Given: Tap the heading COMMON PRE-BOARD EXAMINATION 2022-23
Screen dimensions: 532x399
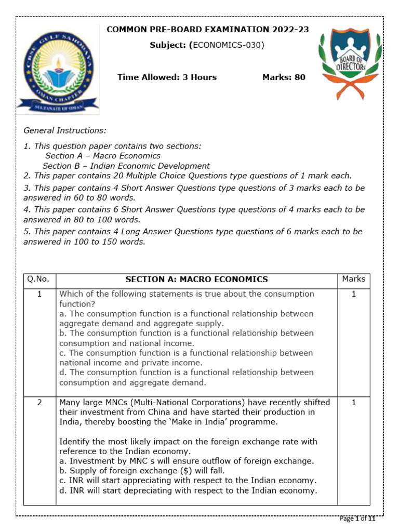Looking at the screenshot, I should (207, 30).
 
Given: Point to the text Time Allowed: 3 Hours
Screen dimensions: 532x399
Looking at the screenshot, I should (167, 77).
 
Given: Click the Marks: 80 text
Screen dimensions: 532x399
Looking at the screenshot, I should (284, 77).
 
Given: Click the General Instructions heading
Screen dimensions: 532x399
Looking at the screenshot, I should (65, 130).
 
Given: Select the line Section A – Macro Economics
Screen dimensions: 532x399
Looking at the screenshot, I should (103, 156).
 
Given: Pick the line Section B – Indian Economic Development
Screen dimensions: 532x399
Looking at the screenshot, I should (126, 166).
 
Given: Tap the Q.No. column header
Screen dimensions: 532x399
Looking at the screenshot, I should (39, 279).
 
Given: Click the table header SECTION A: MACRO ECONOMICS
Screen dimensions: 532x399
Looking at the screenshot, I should (197, 280).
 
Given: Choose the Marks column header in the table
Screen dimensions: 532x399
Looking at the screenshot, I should (354, 279).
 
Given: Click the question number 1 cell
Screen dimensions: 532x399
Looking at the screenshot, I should (39, 294).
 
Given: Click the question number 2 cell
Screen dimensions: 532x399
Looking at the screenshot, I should (39, 402).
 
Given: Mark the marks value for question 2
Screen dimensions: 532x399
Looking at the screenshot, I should (354, 402).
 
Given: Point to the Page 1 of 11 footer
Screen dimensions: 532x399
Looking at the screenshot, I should (361, 518).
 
